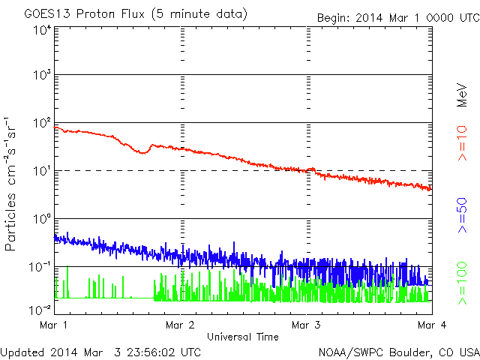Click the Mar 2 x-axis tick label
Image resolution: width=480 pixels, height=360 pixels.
[x=181, y=325]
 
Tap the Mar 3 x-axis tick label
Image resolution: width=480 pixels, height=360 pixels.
[x=307, y=325]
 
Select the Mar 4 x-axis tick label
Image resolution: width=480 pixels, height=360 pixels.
[x=430, y=325]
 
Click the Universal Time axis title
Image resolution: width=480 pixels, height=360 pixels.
[x=242, y=337]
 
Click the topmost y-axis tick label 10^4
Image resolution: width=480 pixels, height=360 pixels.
[x=41, y=30]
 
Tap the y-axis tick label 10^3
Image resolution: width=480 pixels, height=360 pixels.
[x=41, y=76]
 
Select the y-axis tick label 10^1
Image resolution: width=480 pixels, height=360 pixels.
[x=41, y=172]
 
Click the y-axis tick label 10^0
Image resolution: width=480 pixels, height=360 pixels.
[x=41, y=220]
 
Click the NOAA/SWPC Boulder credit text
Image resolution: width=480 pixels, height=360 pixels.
[x=398, y=351]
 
